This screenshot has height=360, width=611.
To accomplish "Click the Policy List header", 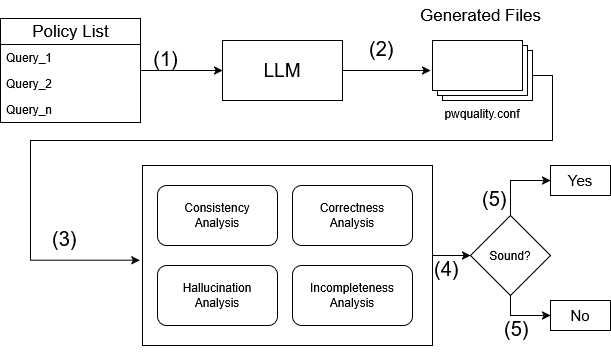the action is [x=71, y=31].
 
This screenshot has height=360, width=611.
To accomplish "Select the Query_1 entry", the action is [x=29, y=58].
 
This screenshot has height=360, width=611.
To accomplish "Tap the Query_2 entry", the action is [x=29, y=84].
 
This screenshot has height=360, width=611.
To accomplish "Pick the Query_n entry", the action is [x=29, y=110].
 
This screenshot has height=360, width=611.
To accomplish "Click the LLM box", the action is [x=283, y=71].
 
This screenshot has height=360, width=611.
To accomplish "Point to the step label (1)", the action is [x=166, y=60].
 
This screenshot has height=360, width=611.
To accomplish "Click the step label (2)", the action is [x=381, y=49].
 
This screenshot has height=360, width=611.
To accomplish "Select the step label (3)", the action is [x=64, y=239].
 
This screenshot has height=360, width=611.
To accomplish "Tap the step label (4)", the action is [x=446, y=269].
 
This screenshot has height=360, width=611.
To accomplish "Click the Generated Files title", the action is [x=480, y=16].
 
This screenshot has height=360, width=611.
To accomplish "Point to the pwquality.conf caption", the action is [x=482, y=114].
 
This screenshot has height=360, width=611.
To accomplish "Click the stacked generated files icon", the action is [x=482, y=71].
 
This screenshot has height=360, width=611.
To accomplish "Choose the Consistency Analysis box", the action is [x=217, y=215].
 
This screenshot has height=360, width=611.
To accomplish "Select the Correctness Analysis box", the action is [x=352, y=215].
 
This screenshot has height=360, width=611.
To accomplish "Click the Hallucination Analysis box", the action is [x=217, y=295].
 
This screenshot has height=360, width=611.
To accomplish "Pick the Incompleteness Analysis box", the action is [x=352, y=295].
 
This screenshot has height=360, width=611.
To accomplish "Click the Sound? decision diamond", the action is [x=510, y=256].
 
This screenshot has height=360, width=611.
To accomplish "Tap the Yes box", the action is [x=580, y=180].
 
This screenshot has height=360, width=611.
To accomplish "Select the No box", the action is [x=580, y=316].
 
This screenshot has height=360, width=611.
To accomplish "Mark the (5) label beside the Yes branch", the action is [x=494, y=199].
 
